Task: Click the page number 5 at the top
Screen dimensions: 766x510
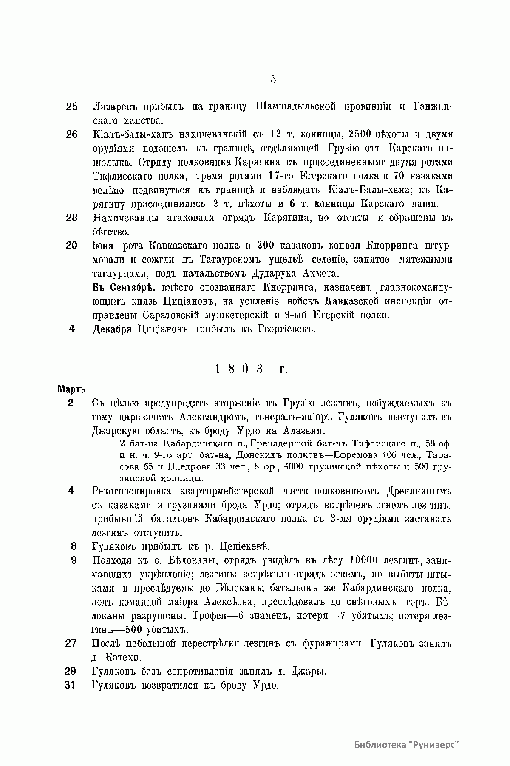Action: coord(273,79)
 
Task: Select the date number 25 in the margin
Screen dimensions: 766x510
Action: coord(72,106)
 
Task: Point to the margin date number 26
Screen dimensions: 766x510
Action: coord(72,134)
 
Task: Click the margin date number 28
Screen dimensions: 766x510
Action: coord(72,218)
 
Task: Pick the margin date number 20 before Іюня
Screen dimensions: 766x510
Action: coord(72,246)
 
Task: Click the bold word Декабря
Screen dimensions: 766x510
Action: coord(112,329)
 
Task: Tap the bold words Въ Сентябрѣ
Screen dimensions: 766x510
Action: coord(120,287)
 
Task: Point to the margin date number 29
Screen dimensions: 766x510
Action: coord(71,672)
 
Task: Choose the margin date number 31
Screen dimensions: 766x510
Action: coord(71,685)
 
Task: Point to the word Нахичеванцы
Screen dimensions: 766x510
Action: coord(126,218)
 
